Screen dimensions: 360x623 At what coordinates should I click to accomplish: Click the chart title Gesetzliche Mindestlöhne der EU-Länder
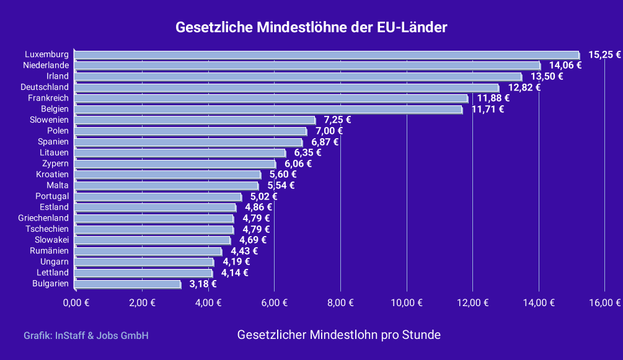[x=311, y=28]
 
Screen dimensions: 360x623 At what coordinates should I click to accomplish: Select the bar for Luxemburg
[x=326, y=55]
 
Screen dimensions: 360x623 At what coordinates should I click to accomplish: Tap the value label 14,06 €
[x=565, y=65]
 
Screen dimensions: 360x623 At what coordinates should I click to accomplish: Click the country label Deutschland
[x=44, y=87]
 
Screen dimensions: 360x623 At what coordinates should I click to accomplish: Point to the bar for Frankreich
[x=271, y=99]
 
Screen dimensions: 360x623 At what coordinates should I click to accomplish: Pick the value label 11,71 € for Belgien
[x=488, y=110]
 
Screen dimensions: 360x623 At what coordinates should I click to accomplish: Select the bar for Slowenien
[x=195, y=120]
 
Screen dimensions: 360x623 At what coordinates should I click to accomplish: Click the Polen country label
[x=58, y=131]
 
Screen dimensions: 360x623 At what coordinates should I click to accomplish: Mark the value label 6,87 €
[x=325, y=142]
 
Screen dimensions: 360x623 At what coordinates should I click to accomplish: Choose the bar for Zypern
[x=175, y=164]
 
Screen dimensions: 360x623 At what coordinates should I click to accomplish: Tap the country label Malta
[x=58, y=185]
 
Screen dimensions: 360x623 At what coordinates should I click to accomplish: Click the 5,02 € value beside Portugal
[x=263, y=196]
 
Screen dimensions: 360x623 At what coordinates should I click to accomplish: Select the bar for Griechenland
[x=154, y=219]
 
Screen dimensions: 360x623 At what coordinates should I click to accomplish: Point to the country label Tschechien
[x=47, y=229]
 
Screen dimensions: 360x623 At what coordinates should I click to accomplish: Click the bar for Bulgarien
[x=127, y=284]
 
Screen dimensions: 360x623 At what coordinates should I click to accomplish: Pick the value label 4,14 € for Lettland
[x=234, y=273]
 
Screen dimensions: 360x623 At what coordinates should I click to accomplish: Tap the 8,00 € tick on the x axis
[x=340, y=302]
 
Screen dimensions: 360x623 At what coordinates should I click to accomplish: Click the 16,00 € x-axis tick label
[x=605, y=302]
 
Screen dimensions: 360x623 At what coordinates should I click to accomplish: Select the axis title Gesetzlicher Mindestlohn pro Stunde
[x=339, y=335]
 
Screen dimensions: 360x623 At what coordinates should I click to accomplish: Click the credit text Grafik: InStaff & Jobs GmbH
[x=86, y=336]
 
